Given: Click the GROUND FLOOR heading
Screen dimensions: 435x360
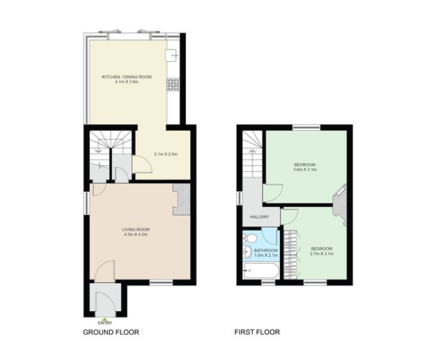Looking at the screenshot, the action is coord(111,332).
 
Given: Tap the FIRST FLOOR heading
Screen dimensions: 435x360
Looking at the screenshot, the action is coord(257,332).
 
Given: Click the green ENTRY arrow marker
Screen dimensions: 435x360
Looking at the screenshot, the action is coord(105,319).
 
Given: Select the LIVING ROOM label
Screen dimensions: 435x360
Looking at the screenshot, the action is coord(136,229).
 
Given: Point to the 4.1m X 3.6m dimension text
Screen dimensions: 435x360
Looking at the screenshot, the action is coord(127,82).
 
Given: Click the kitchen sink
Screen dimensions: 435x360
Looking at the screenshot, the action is coord(172,55).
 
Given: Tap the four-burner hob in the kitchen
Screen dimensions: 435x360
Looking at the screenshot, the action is coord(173,85).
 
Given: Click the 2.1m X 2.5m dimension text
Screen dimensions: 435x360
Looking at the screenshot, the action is coord(166,154).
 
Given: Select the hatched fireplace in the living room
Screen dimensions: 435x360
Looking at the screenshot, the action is coord(182,199).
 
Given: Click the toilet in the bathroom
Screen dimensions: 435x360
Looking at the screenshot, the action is coord(249,238).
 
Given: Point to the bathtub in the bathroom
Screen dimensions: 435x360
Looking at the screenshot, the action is coord(261,271).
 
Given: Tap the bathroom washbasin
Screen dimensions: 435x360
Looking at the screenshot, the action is coord(247,252).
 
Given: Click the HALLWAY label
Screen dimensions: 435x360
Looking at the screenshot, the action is coord(259,217).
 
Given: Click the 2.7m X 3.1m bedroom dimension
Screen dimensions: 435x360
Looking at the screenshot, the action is coord(322,254).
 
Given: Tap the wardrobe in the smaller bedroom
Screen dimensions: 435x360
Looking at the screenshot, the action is coord(291,254).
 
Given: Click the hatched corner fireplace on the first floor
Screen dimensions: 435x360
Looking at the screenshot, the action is coord(340,205).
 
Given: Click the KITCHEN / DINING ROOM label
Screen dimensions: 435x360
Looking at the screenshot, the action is coord(127,77).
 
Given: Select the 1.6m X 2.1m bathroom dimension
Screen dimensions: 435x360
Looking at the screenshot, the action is coord(266,255).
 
